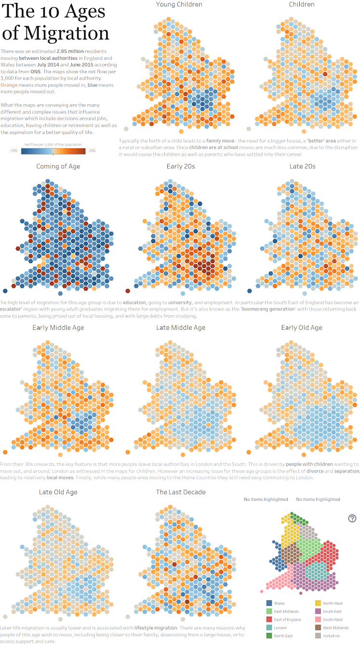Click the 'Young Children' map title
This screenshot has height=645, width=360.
[179, 4]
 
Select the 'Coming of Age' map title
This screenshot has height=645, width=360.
[58, 166]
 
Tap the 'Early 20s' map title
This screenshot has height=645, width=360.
[179, 166]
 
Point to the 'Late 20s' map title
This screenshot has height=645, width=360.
[302, 166]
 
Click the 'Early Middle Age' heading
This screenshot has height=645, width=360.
[58, 328]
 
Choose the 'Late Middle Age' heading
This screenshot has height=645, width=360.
[181, 328]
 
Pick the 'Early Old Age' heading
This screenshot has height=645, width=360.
[302, 328]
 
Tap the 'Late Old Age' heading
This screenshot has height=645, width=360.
[58, 492]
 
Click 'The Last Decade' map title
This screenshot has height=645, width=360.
[181, 492]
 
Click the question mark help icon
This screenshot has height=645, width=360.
[352, 518]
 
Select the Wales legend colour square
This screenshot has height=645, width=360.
[269, 603]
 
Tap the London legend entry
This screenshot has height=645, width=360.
[280, 628]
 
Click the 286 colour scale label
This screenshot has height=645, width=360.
[92, 151]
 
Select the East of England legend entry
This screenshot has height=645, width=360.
[287, 619]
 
